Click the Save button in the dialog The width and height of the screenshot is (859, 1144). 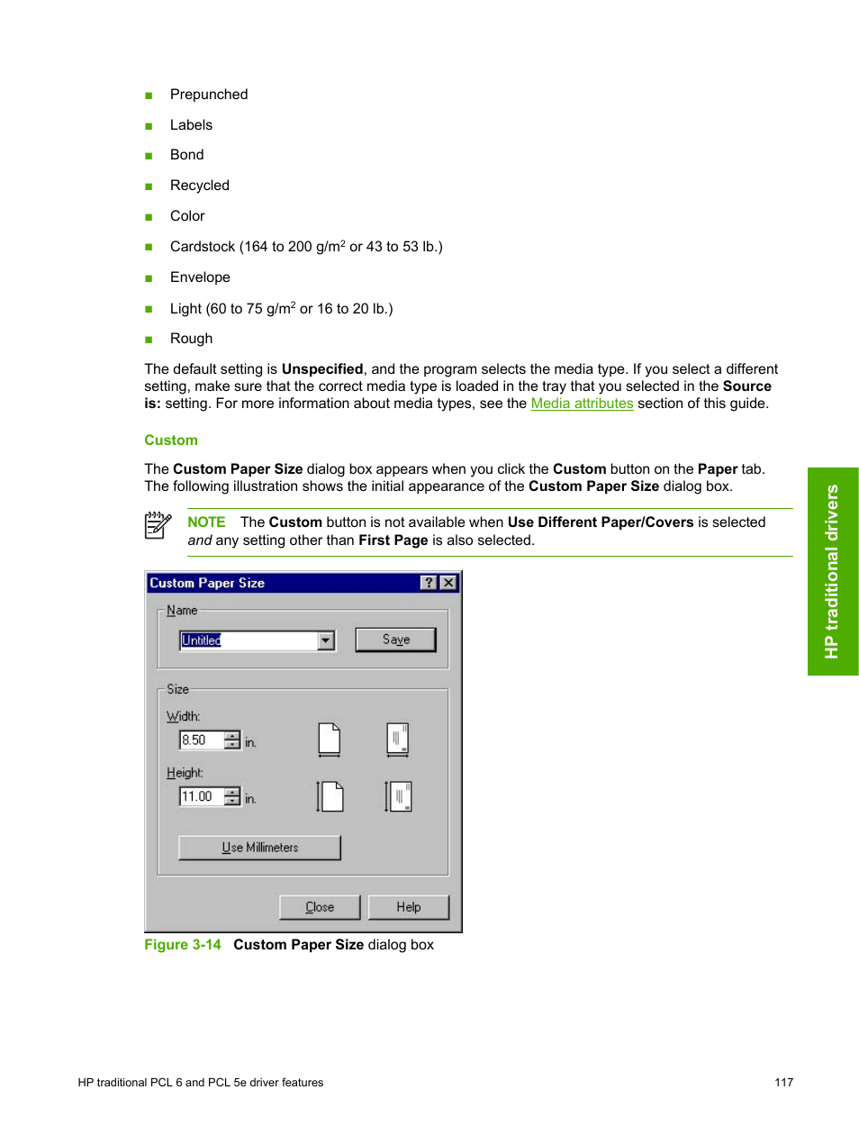395,640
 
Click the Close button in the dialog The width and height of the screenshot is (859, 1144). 320,907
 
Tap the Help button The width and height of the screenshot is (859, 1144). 408,907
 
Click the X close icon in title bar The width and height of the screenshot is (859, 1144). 448,583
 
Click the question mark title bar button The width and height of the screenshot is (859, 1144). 429,583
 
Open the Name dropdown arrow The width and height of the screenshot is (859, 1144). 326,640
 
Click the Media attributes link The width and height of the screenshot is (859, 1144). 582,404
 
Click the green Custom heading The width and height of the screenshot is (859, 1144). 171,440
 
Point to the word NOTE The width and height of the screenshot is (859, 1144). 206,522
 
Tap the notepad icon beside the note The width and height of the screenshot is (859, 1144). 158,525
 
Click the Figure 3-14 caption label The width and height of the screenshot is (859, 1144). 183,945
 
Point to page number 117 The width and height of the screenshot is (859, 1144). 783,1083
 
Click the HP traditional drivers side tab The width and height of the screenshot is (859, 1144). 833,571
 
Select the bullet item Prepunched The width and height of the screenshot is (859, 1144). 209,95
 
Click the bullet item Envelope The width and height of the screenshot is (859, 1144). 200,277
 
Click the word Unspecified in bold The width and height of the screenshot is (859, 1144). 322,369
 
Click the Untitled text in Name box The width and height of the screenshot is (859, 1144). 202,640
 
